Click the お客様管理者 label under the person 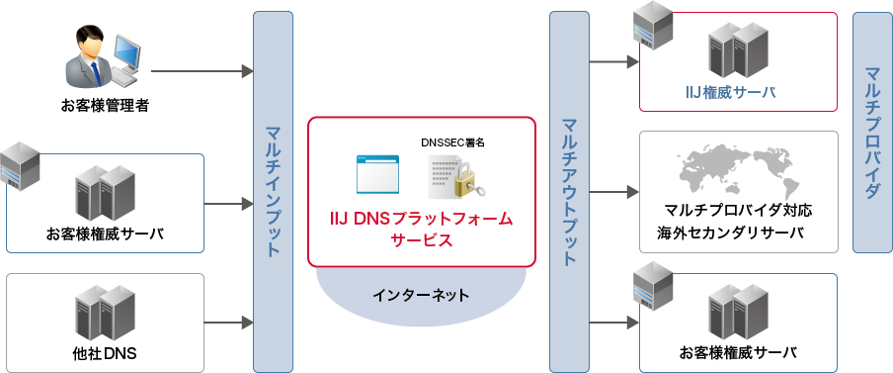(104, 105)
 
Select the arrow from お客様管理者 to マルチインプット (203, 71)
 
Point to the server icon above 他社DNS (104, 311)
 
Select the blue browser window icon (377, 174)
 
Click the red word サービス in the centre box (422, 240)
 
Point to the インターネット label (422, 295)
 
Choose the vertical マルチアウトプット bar (569, 190)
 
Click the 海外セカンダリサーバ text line (731, 233)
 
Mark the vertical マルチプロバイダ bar (871, 133)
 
